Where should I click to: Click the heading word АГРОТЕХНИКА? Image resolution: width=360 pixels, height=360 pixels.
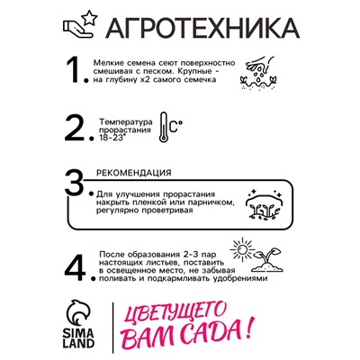tap(202, 27)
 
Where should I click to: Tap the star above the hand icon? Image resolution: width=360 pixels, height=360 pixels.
tap(89, 18)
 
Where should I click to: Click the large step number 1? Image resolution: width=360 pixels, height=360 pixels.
tap(74, 70)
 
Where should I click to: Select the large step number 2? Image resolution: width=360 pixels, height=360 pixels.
tap(75, 129)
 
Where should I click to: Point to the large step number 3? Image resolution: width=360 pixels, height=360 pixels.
tap(74, 182)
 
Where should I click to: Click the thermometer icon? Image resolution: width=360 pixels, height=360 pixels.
tap(164, 127)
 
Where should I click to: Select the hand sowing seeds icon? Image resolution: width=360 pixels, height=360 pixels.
tap(258, 73)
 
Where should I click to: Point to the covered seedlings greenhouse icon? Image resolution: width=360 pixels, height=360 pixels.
tap(264, 204)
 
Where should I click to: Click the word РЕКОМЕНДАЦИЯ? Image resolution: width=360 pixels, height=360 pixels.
tap(134, 173)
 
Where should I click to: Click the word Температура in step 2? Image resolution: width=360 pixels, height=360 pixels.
tap(126, 122)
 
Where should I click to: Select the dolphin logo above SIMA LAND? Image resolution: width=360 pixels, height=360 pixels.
tap(79, 313)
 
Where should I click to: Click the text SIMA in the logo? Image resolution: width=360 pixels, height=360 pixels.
tap(79, 333)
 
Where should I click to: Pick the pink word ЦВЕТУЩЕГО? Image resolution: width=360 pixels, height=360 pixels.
tap(176, 315)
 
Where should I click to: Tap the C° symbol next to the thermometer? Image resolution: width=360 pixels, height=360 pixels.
tap(176, 126)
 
